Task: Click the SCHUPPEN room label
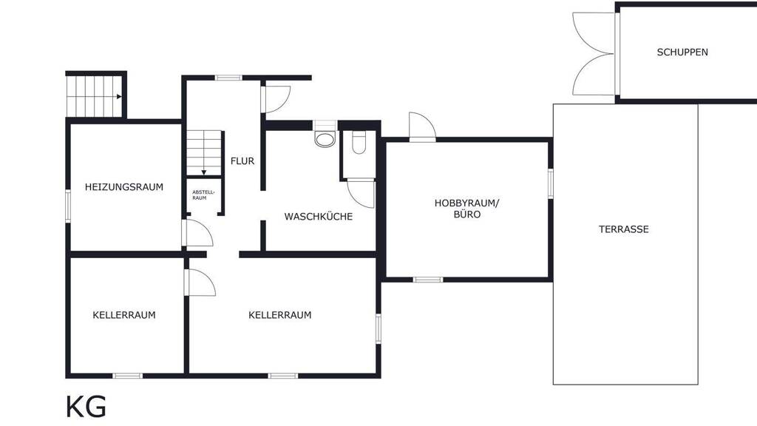click(682, 53)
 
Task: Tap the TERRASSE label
click(623, 229)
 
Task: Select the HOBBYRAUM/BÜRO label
click(467, 209)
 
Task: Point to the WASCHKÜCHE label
click(319, 217)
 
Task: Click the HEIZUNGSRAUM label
click(124, 187)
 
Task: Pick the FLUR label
click(242, 160)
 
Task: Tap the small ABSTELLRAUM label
click(203, 195)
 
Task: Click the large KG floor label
click(86, 407)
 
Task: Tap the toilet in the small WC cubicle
click(359, 142)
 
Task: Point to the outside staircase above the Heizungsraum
click(95, 95)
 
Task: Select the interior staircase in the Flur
click(203, 151)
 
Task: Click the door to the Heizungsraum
click(197, 233)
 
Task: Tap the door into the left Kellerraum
click(200, 283)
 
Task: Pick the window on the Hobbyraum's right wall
click(551, 183)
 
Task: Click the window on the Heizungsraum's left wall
click(68, 206)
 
